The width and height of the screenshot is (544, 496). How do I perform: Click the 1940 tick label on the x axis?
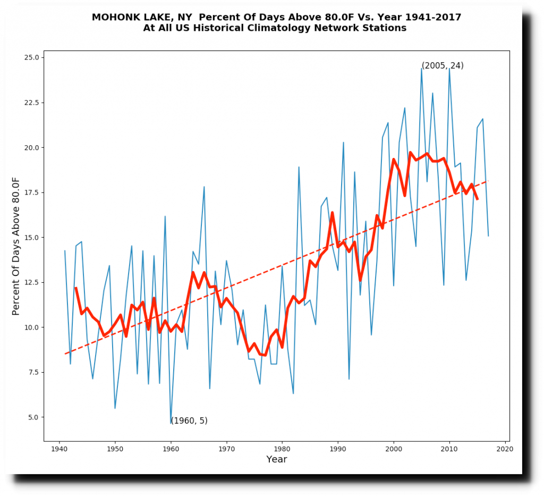click(x=59, y=449)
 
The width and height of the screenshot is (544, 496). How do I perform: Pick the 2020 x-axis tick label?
click(x=505, y=449)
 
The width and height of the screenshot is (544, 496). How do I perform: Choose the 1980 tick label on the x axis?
click(x=282, y=449)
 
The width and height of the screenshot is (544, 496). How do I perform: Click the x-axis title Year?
click(x=276, y=459)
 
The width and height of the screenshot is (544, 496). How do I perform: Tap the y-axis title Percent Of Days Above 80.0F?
click(x=16, y=246)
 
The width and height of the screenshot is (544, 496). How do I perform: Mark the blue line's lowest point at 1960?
click(x=171, y=423)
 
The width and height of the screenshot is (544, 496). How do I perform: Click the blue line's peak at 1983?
click(x=299, y=167)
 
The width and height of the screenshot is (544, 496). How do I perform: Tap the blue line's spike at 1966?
click(x=204, y=187)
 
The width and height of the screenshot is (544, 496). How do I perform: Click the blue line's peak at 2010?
click(x=449, y=68)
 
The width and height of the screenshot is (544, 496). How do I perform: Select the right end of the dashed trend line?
click(x=488, y=181)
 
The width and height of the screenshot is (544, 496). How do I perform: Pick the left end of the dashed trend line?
click(x=65, y=354)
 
